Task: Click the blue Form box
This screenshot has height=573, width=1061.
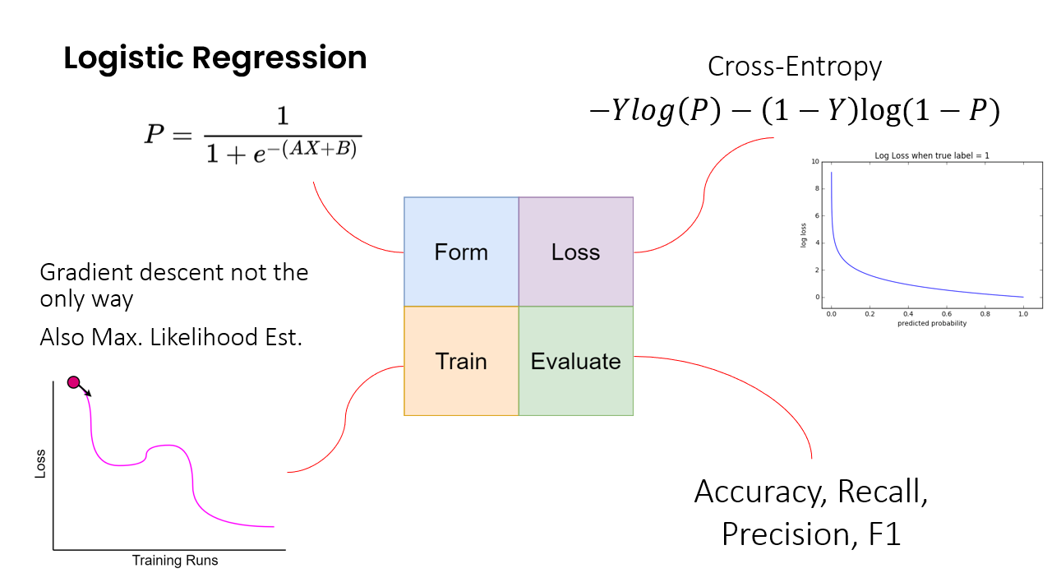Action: coord(461,252)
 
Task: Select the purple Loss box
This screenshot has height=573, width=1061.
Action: coord(575,252)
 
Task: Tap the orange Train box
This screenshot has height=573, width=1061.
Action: coord(461,361)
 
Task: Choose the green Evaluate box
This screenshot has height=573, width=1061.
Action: coord(575,361)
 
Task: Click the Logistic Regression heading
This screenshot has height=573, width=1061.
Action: coord(215,58)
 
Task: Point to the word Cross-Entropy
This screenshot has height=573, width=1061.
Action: coord(794,66)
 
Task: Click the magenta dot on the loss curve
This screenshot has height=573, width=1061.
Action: coord(73,381)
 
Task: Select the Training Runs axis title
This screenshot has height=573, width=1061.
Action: coord(175,561)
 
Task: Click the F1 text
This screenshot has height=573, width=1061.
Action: coord(883,534)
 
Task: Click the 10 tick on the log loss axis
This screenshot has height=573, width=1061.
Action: coord(815,162)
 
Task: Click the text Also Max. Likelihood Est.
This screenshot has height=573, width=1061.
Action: coord(171,337)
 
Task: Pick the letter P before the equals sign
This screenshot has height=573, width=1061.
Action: coord(155,133)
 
